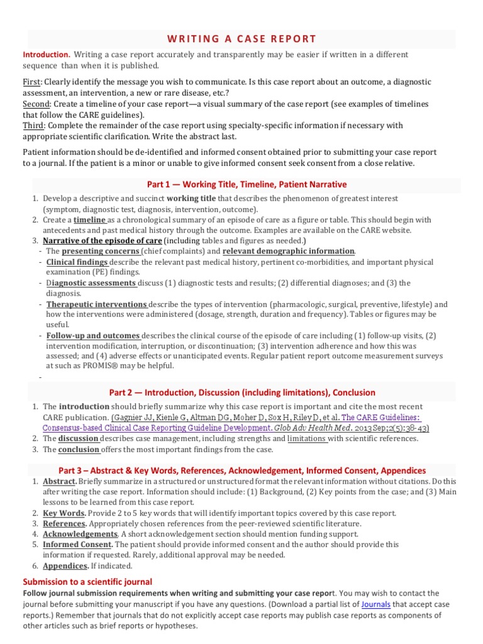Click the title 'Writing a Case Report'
pos(241,39)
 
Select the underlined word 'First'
pos(31,82)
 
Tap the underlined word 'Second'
pos(36,104)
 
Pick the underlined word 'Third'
pos(32,125)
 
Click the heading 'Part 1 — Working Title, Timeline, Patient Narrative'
pos(247,184)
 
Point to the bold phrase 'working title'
pos(192,198)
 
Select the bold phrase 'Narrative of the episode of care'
pos(103,241)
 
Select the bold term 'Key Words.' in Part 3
pos(64,513)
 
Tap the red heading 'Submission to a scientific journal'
pos(87,582)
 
